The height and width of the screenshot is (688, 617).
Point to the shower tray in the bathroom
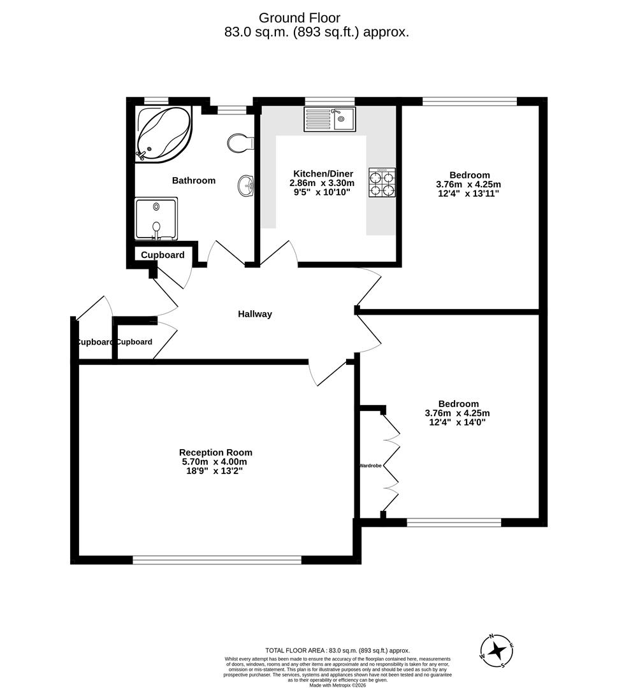pyautogui.click(x=156, y=219)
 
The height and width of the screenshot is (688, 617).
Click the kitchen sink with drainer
pyautogui.click(x=330, y=119)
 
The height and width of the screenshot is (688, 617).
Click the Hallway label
pyautogui.click(x=255, y=314)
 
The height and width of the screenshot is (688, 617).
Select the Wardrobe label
pyautogui.click(x=370, y=466)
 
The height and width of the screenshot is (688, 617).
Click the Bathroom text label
pyautogui.click(x=194, y=181)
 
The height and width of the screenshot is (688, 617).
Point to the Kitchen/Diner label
pyautogui.click(x=322, y=174)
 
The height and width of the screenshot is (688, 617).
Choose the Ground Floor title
pyautogui.click(x=308, y=18)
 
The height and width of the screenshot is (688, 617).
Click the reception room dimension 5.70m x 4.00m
pyautogui.click(x=214, y=462)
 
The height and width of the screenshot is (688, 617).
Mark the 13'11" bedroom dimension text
pyautogui.click(x=484, y=194)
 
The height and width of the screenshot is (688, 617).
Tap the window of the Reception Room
pyautogui.click(x=217, y=560)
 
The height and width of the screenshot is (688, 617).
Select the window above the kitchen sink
pyautogui.click(x=330, y=101)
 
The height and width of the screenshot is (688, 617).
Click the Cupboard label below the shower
pyautogui.click(x=163, y=255)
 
